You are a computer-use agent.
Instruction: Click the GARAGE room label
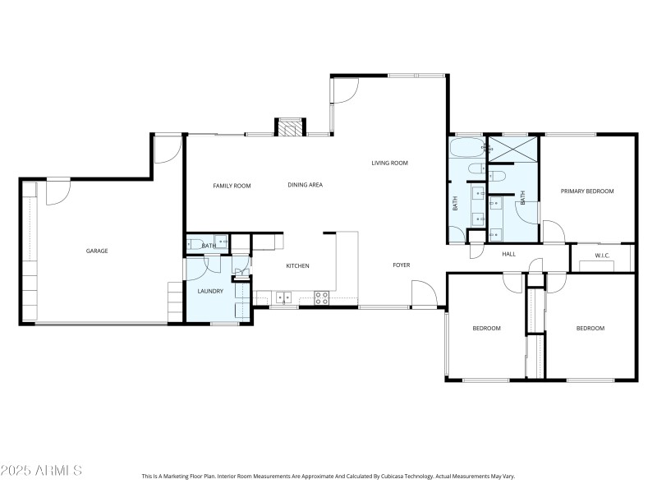click(x=97, y=251)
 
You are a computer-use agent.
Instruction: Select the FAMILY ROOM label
click(x=232, y=186)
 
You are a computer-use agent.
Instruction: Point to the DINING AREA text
click(x=305, y=186)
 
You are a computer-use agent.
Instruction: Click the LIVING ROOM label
click(x=389, y=163)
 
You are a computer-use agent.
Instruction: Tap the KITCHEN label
click(x=296, y=266)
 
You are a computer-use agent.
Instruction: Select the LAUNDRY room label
click(x=210, y=291)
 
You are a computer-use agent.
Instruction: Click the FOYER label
click(x=401, y=265)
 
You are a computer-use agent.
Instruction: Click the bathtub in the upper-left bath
click(x=466, y=150)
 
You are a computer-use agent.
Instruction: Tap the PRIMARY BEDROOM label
click(x=587, y=191)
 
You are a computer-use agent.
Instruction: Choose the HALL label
click(x=509, y=254)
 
